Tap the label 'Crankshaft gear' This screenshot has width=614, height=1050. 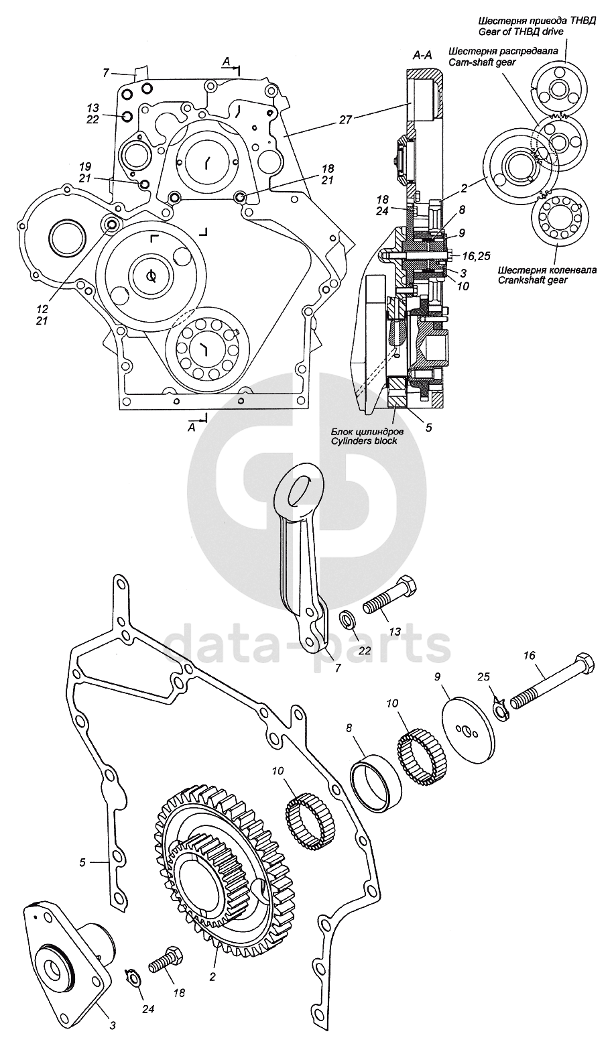pos(533,280)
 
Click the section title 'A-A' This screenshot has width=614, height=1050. pos(422,56)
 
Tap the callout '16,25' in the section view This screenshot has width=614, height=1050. pos(476,255)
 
